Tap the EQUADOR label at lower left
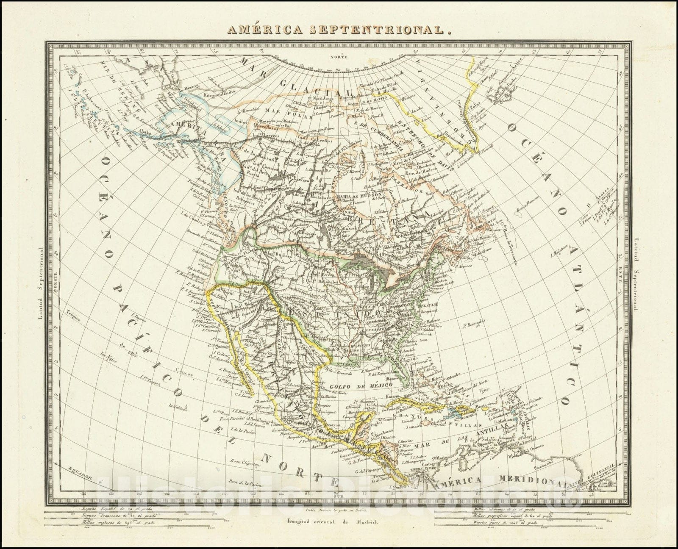[79, 473]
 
